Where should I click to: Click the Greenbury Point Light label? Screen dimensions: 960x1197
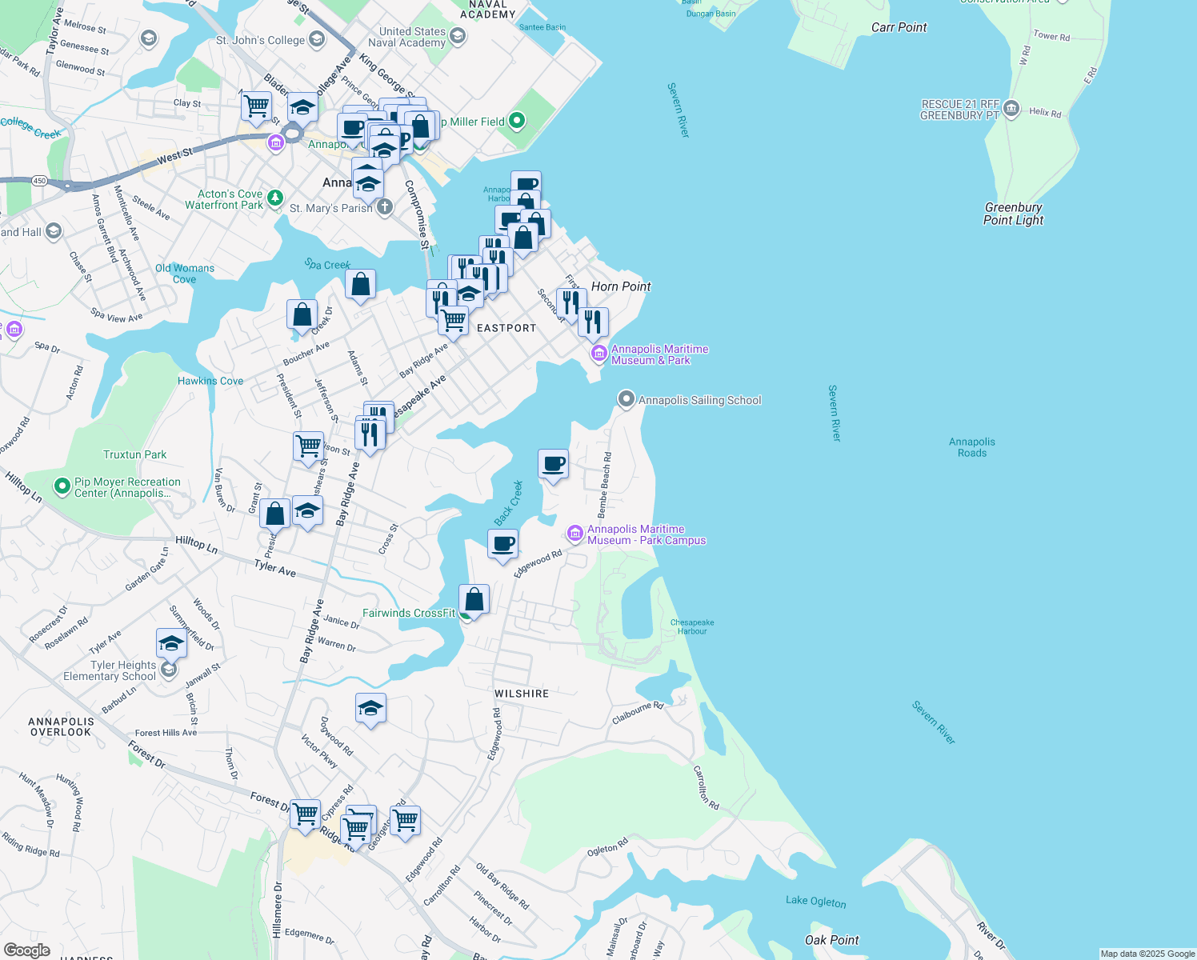[x=1013, y=214]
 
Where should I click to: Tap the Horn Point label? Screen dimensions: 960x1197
[x=621, y=286]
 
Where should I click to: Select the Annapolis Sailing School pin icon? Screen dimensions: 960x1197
[x=627, y=399]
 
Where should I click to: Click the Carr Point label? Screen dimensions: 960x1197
[x=899, y=27]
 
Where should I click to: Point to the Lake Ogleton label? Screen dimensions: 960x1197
[x=815, y=901]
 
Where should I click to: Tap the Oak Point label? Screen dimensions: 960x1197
[x=831, y=940]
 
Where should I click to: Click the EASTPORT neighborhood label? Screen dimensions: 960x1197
[x=506, y=328]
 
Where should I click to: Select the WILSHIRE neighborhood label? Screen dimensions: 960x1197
[x=522, y=694]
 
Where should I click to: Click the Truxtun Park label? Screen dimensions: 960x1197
[x=134, y=454]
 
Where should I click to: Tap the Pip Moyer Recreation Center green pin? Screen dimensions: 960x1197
[x=62, y=486]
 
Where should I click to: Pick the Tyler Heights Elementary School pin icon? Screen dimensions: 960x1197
[x=169, y=670]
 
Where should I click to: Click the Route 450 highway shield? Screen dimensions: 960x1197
[x=40, y=181]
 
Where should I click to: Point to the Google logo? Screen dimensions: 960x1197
[x=26, y=950]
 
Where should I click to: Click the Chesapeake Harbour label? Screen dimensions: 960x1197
[x=692, y=626]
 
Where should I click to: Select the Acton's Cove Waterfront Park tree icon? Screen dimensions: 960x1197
[x=275, y=198]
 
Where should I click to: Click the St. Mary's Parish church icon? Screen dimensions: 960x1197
[x=385, y=208]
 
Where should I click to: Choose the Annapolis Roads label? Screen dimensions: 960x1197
[x=972, y=447]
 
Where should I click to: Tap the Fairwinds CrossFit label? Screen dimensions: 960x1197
[x=408, y=613]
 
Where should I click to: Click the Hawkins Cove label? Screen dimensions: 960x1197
[x=210, y=381]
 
